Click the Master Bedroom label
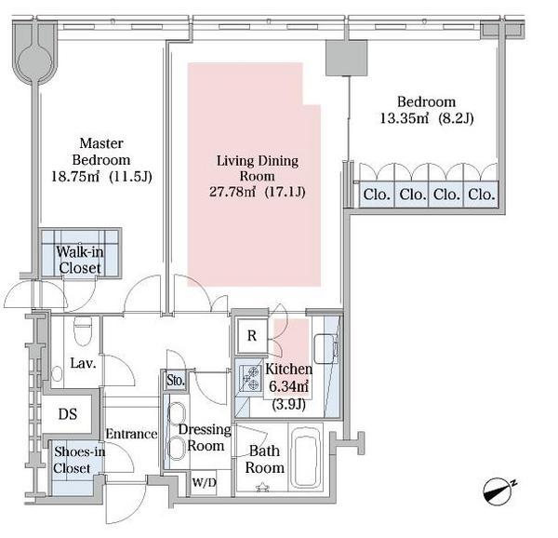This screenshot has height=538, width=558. pyautogui.click(x=101, y=152)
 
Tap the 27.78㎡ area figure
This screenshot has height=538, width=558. pyautogui.click(x=232, y=192)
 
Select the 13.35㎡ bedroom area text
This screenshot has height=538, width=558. pyautogui.click(x=405, y=118)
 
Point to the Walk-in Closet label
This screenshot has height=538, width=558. pyautogui.click(x=80, y=260)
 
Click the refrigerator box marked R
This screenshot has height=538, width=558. pyautogui.click(x=252, y=336)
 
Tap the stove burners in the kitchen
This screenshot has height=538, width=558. pyautogui.click(x=250, y=378)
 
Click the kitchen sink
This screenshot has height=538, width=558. pyautogui.click(x=325, y=348)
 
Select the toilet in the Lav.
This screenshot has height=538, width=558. pyautogui.click(x=83, y=331)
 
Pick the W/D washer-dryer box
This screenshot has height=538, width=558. pyautogui.click(x=204, y=483)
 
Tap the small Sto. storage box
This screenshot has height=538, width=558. pyautogui.click(x=176, y=381)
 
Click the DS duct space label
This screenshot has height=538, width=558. pyautogui.click(x=68, y=414)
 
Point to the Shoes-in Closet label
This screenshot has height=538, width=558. pyautogui.click(x=79, y=460)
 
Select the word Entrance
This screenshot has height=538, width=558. pyautogui.click(x=131, y=434)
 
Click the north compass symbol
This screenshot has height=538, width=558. pyautogui.click(x=498, y=491)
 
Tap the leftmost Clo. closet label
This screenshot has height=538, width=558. pyautogui.click(x=377, y=195)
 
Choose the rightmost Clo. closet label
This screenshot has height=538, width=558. pyautogui.click(x=482, y=195)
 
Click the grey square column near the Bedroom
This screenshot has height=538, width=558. pyautogui.click(x=346, y=58)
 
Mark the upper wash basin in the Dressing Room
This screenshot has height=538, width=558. pyautogui.click(x=177, y=412)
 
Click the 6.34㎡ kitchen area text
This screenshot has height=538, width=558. pyautogui.click(x=288, y=386)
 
